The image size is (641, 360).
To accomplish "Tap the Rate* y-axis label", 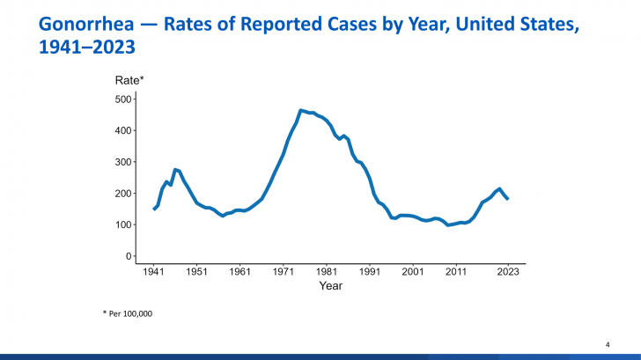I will coord(129,81).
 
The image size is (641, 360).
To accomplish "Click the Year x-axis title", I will coord(331,286).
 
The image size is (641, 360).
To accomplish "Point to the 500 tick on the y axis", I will coord(123,99).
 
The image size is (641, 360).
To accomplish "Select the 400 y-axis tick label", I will coord(123,130).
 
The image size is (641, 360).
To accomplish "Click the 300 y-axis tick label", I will coord(123,162).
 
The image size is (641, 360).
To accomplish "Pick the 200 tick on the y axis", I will coord(123,194).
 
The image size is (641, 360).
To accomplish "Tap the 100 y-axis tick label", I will coord(123,225).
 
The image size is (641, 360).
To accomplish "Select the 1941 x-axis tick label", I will coord(153,272).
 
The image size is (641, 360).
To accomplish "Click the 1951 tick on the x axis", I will coord(196,272).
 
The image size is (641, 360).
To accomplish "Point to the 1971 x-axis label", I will coord(283,272).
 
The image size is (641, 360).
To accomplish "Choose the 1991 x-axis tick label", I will coord(369,272).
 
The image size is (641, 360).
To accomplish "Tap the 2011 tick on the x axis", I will coord(455,272).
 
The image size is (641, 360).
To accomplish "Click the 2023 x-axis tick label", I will coord(508,272).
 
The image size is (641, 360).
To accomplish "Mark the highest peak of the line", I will coord(301,110).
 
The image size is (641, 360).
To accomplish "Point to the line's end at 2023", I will coord(508,199).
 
